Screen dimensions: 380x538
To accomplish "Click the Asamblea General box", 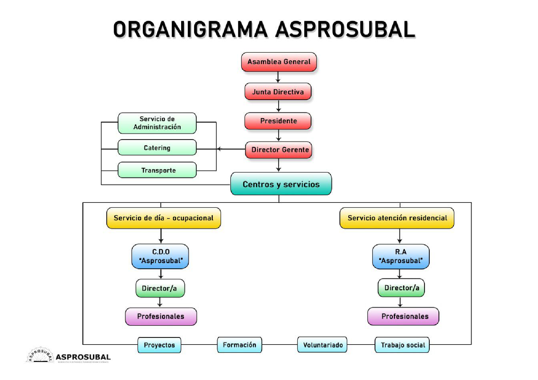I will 279,62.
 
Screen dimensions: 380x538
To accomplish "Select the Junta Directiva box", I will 278,92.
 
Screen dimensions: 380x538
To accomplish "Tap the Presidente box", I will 278,121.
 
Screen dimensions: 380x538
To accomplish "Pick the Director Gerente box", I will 278,150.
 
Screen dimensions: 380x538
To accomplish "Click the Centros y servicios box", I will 281,184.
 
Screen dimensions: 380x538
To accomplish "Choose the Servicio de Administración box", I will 157,123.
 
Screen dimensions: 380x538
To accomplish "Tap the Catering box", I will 157,148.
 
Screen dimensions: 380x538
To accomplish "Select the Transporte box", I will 157,170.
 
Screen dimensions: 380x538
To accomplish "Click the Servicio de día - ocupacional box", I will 163,218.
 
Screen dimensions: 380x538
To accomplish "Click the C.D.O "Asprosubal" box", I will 160,256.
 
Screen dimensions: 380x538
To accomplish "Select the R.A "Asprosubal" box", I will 401,256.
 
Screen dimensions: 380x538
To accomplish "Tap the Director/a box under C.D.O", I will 160,288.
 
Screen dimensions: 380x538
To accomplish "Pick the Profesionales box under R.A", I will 403,316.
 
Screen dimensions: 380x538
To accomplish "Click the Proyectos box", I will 159,345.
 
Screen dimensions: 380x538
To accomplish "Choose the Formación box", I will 239,345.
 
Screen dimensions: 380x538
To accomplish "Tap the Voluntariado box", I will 322,345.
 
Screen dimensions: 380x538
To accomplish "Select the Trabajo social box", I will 402,345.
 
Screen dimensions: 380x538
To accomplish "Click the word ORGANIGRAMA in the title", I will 190,30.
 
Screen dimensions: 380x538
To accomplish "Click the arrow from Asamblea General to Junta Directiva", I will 278,77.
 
